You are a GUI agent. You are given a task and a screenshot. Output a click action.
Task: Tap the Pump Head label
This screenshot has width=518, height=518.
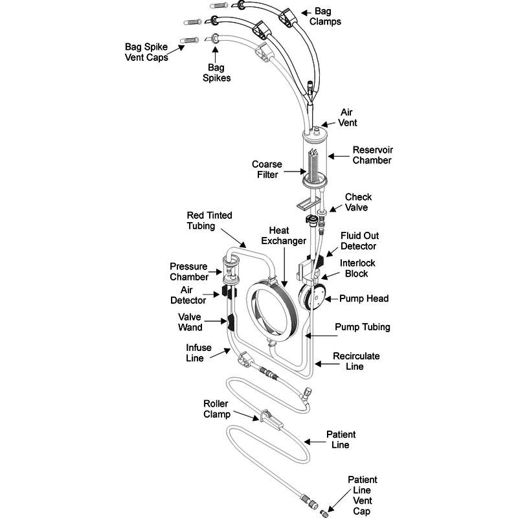tap(365, 298)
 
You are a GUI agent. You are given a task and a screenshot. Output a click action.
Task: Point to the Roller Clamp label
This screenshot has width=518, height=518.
tap(216, 409)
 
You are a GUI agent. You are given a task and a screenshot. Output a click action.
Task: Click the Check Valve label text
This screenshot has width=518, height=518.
tap(358, 202)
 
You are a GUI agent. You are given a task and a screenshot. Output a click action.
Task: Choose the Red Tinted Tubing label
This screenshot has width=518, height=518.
tap(209, 220)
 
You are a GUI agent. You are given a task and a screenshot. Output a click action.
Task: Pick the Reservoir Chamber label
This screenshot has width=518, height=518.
tap(372, 155)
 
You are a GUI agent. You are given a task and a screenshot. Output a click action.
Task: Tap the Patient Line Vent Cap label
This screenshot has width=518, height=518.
tap(363, 495)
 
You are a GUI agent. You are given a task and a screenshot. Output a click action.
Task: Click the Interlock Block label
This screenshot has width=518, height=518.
tap(357, 268)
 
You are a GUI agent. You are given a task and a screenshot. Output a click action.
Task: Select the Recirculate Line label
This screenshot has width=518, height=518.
tap(356, 361)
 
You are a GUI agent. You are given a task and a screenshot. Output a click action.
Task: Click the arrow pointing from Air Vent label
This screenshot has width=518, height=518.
tap(328, 121)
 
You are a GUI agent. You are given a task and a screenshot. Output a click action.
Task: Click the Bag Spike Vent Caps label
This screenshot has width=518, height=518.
tap(147, 52)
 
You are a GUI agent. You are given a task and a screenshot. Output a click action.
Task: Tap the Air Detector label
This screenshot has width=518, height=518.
tap(188, 295)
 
